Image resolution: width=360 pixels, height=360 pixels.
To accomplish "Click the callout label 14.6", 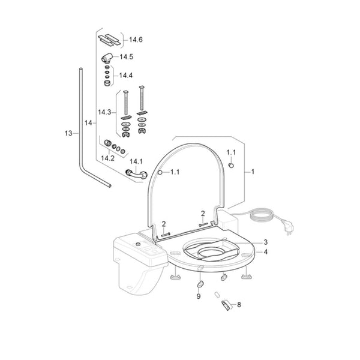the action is click(136, 40).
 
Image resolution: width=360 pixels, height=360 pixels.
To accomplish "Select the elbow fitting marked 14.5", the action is click(107, 58).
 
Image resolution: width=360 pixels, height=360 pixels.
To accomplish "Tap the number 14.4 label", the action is click(126, 76).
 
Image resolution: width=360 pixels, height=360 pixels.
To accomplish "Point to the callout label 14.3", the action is click(104, 112).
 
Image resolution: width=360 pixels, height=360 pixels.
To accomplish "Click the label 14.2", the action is click(107, 158).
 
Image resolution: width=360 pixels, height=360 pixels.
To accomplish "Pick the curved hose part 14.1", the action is click(136, 174).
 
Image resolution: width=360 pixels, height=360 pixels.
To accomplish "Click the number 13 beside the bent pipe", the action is click(68, 133).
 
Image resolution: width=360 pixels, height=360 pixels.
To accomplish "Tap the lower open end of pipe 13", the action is click(110, 185).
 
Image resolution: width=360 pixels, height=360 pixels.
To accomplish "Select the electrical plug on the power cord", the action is click(289, 229).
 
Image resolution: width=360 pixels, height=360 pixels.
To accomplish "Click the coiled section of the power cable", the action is click(262, 215).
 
